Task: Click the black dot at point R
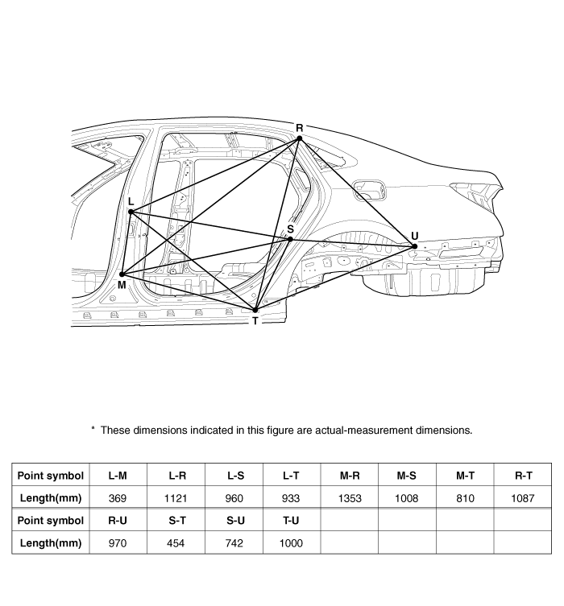pos(299,138)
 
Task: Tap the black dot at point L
pos(131,212)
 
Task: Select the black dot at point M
pos(122,274)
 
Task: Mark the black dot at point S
pos(290,240)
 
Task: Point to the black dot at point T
pos(255,311)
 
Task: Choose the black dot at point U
pos(415,246)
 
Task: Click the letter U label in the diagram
pos(415,236)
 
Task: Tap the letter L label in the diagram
pos(131,201)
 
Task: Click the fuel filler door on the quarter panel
pos(370,190)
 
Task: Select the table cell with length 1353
pos(350,498)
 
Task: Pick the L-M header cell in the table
pos(118,476)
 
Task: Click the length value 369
pos(118,498)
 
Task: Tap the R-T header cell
pos(523,476)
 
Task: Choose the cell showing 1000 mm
pos(292,543)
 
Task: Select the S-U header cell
pos(235,520)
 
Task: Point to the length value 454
pos(176,543)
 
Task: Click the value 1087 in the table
pos(523,498)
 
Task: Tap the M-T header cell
pos(465,476)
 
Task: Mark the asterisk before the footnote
pos(93,428)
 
